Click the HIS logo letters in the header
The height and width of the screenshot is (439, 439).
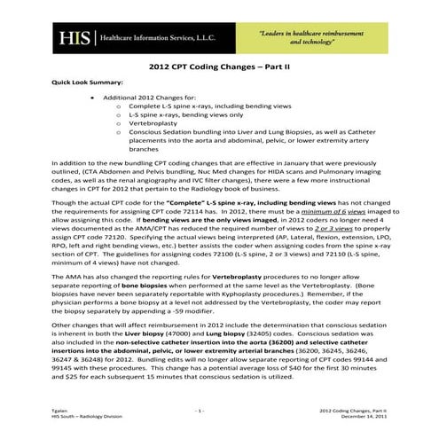[x=68, y=38]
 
